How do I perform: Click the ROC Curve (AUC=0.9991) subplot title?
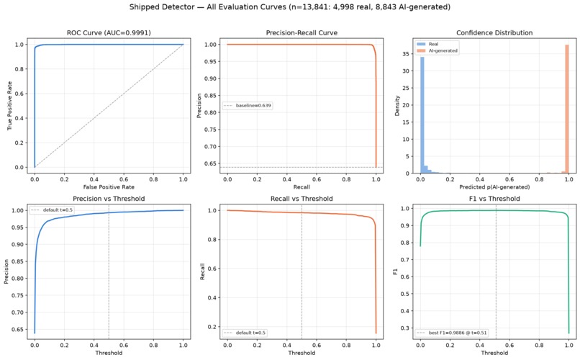[x=109, y=33]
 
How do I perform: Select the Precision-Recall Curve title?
[x=302, y=33]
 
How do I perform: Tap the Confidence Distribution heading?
[x=494, y=33]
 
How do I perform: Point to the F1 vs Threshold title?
[x=494, y=199]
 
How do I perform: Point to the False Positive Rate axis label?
[x=109, y=187]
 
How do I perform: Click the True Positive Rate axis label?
[x=9, y=106]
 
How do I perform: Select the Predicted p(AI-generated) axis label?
[x=494, y=187]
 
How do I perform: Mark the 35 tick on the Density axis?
[x=405, y=54]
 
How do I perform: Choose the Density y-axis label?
[x=397, y=106]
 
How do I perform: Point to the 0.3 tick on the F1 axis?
[x=406, y=328]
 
